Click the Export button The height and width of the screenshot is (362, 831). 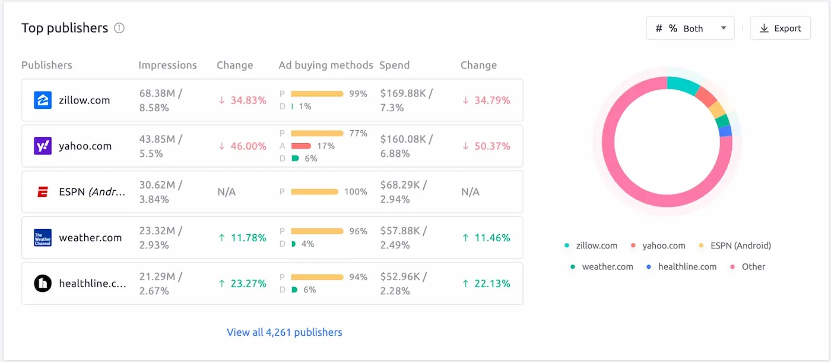(780, 29)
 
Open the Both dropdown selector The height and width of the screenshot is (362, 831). (690, 29)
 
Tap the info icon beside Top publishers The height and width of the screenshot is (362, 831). (119, 28)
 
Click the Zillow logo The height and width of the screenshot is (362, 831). (43, 100)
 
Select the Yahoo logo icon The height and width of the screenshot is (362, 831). (43, 146)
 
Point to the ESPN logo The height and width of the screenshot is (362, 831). (43, 192)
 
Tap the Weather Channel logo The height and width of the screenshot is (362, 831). (43, 238)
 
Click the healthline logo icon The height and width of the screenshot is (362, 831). (43, 284)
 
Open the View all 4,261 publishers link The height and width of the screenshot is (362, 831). (284, 332)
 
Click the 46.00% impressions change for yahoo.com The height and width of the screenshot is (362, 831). (242, 146)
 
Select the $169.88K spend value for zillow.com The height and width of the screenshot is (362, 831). (407, 93)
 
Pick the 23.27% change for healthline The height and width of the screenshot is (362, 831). (242, 284)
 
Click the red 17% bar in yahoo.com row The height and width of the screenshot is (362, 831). (301, 146)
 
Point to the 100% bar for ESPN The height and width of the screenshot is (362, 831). (315, 192)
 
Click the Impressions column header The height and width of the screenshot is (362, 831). (167, 65)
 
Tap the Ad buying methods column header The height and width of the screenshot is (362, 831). (326, 65)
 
